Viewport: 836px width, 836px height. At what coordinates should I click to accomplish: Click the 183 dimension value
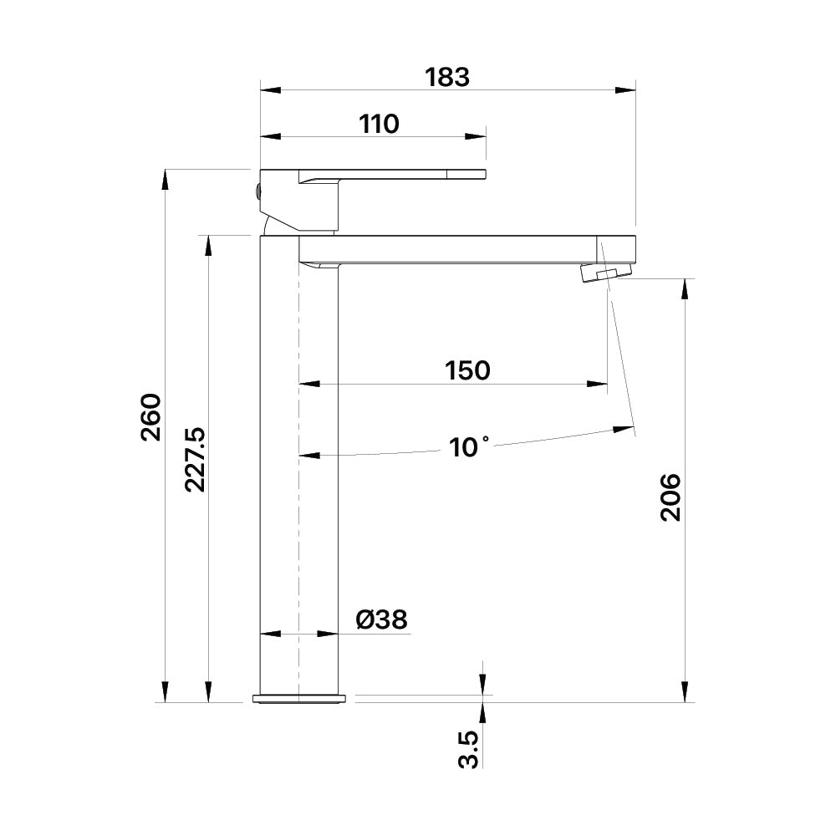click(447, 77)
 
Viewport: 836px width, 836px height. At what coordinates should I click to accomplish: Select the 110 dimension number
click(379, 125)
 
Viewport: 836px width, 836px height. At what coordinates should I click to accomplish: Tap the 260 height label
click(150, 417)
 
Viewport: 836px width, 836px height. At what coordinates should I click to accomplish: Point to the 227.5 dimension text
click(195, 459)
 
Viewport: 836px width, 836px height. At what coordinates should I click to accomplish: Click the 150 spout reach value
click(467, 370)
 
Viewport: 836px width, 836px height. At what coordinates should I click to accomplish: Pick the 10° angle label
click(469, 446)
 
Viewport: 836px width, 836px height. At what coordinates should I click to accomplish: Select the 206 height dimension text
click(670, 497)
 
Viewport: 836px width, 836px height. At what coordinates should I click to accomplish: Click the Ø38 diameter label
click(382, 619)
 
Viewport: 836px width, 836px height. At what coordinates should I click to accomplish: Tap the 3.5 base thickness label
click(469, 749)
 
